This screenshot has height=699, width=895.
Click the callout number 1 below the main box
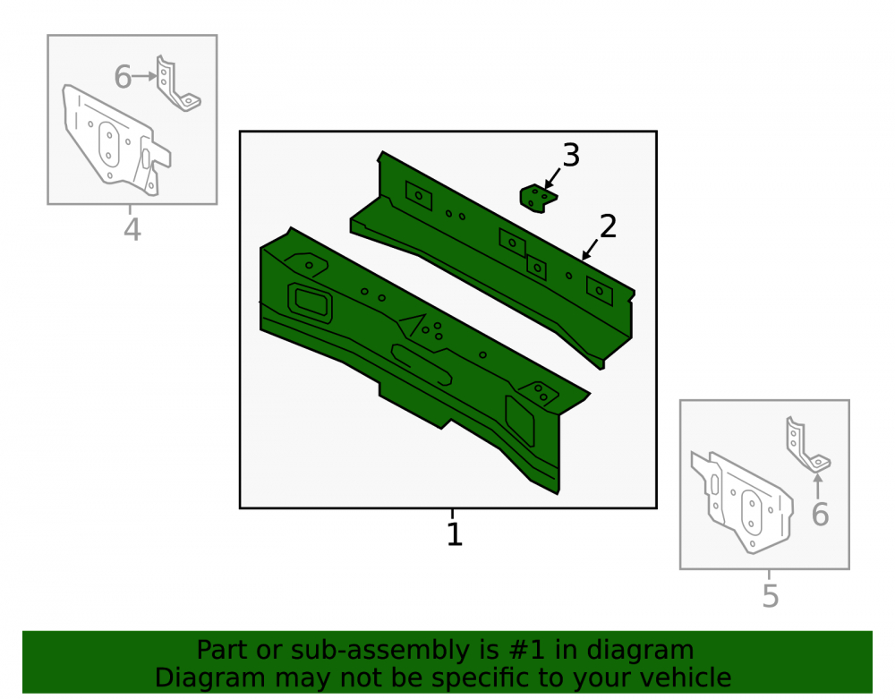pyautogui.click(x=455, y=534)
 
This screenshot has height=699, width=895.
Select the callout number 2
pyautogui.click(x=608, y=226)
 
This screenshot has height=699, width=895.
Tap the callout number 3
pyautogui.click(x=571, y=155)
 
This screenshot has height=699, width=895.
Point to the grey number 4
pyautogui.click(x=132, y=230)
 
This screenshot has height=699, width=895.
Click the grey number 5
pyautogui.click(x=770, y=596)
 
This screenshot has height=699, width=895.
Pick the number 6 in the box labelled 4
pyautogui.click(x=123, y=77)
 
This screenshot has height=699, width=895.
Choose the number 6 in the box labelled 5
pyautogui.click(x=820, y=515)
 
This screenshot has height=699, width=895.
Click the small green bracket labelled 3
pyautogui.click(x=538, y=199)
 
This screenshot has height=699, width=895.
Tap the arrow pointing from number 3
pyautogui.click(x=552, y=178)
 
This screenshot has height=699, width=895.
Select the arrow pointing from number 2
pyautogui.click(x=590, y=250)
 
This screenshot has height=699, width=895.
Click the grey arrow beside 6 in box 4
pyautogui.click(x=144, y=76)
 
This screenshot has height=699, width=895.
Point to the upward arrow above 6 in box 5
pyautogui.click(x=818, y=486)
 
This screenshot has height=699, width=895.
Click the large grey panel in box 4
pyautogui.click(x=115, y=140)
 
